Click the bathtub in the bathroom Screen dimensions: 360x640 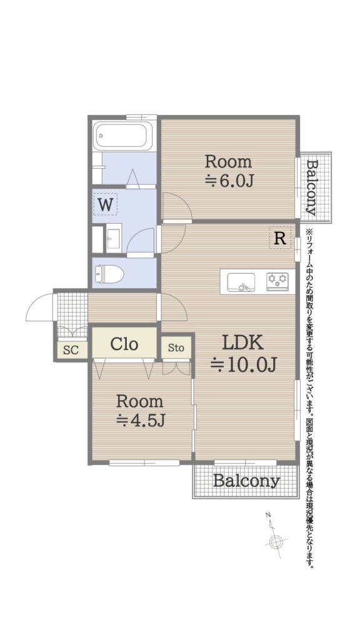123,136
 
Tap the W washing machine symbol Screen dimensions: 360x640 105,204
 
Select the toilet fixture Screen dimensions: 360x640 109,274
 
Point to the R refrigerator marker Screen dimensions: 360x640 280,238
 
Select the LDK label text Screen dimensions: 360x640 242,344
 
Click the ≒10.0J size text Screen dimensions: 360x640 244,364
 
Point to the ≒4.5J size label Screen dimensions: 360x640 141,419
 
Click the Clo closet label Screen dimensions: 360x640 124,344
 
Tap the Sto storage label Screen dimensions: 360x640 176,348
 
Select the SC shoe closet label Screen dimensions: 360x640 71,350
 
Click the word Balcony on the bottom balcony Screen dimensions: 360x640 246,481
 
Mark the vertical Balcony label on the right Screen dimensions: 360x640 312,187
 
